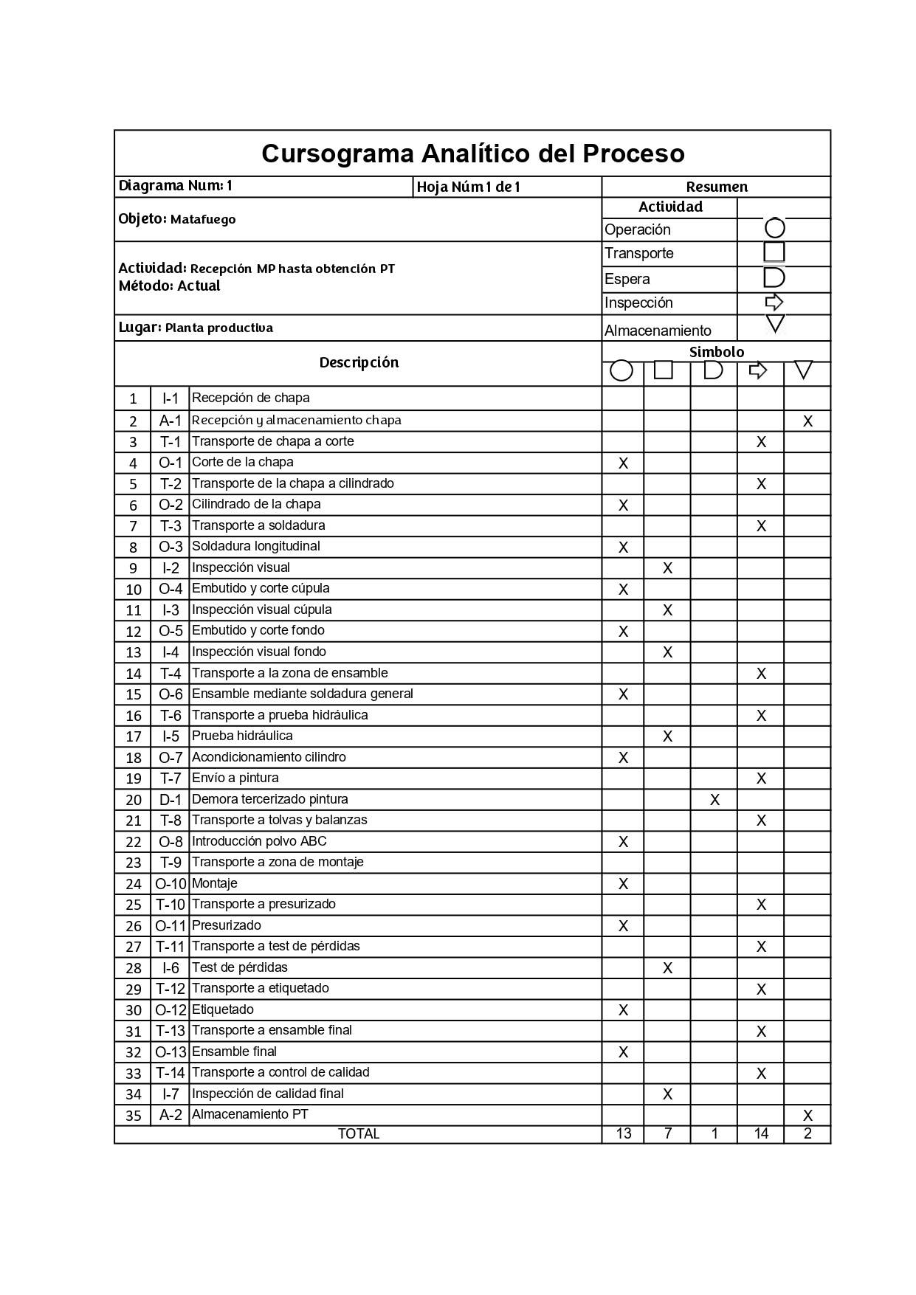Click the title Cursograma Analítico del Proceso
472,153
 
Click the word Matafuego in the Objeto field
203,220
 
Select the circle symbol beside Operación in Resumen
774,228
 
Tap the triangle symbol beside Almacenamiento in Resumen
775,323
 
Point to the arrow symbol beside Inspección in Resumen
774,302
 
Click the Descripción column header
359,362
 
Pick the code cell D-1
171,800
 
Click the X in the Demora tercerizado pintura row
714,800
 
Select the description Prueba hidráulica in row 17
242,736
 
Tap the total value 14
761,1134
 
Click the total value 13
623,1134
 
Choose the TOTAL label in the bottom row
358,1134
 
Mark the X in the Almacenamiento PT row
807,1116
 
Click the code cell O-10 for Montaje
171,884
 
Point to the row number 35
133,1116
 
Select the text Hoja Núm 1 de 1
469,187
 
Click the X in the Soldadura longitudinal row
623,548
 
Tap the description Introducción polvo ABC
259,841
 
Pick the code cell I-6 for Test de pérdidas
171,968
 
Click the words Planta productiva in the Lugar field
218,328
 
